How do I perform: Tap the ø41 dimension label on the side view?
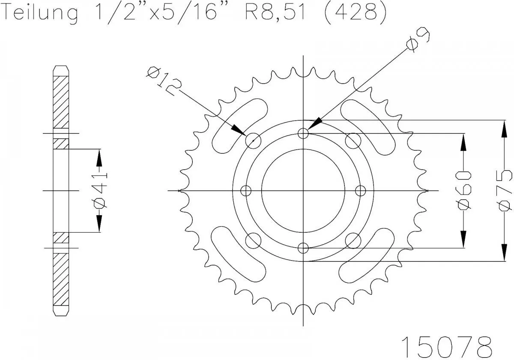[x=99, y=191]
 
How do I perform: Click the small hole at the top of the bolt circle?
[x=304, y=133]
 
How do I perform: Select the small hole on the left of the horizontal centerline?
[x=246, y=190]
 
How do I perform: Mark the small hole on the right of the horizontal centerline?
[x=361, y=190]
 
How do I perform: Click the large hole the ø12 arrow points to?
[x=254, y=140]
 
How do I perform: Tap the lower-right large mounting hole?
[x=353, y=240]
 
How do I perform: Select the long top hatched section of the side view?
[x=60, y=102]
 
